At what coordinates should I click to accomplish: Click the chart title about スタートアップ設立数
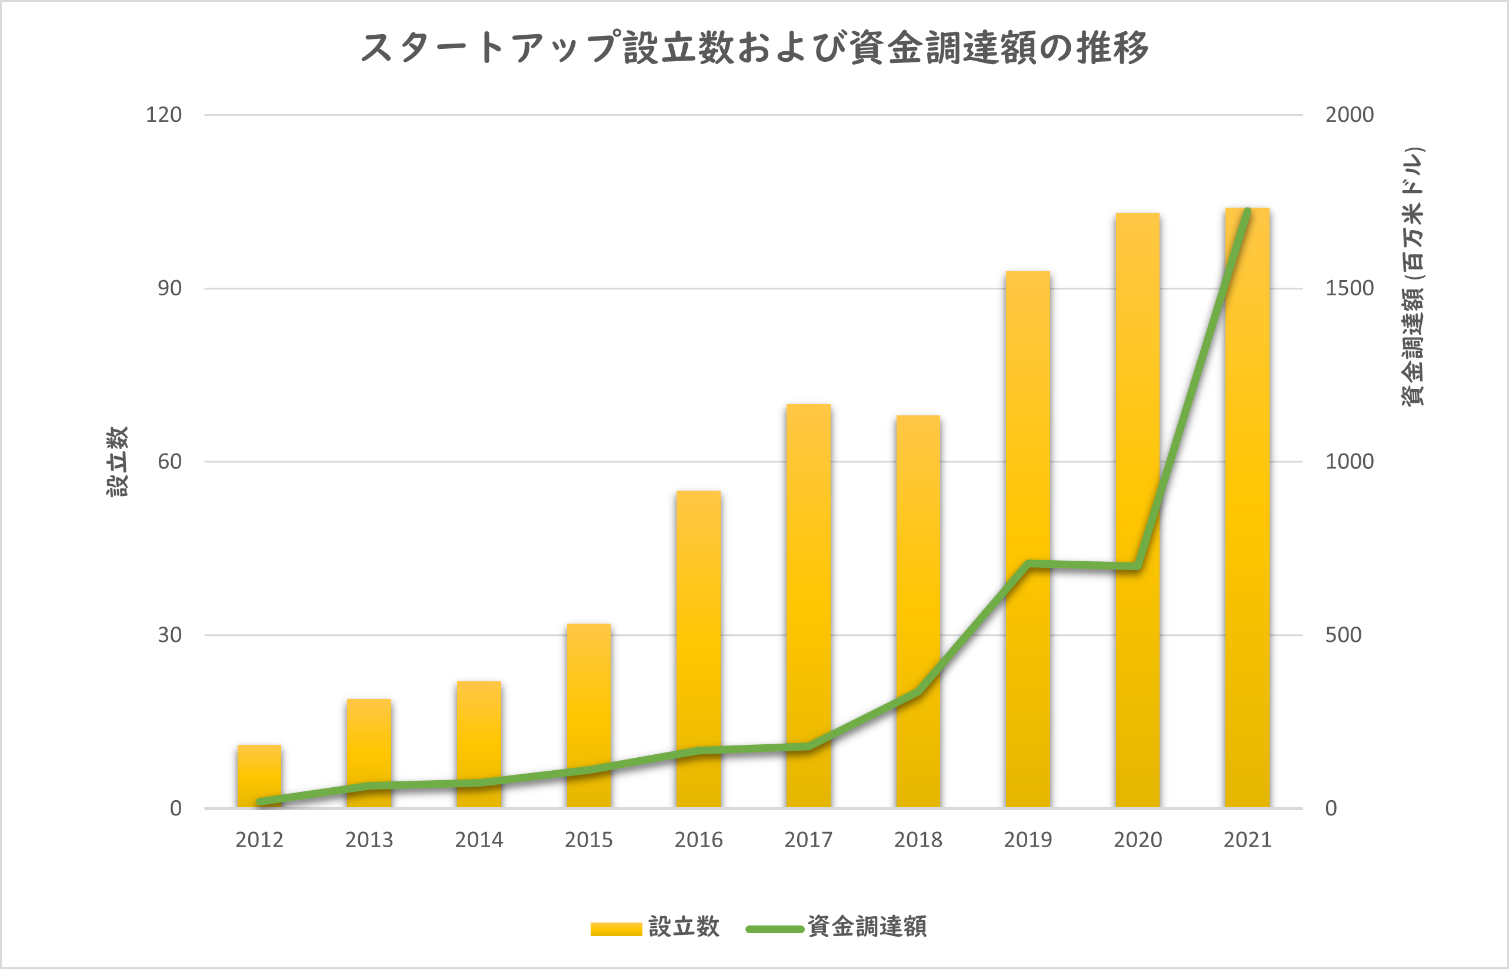click(754, 48)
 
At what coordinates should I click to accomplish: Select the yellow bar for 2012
click(259, 777)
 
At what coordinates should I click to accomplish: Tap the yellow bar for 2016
click(698, 648)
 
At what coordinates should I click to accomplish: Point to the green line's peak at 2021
click(1247, 211)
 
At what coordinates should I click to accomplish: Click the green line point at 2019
click(1028, 563)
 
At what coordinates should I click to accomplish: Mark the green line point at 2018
click(918, 692)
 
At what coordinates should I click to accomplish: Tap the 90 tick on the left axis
click(169, 288)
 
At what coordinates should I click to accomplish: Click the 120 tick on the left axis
click(164, 115)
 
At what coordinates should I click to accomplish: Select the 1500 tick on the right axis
click(1349, 288)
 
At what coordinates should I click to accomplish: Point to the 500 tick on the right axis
click(1343, 635)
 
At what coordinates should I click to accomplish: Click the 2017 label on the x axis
click(808, 840)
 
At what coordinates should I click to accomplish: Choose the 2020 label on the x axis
click(1137, 840)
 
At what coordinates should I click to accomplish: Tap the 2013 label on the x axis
click(369, 840)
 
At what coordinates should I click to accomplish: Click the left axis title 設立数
click(117, 461)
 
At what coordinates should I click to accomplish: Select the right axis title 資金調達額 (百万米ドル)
click(1413, 277)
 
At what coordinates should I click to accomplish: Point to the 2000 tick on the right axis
click(1349, 115)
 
